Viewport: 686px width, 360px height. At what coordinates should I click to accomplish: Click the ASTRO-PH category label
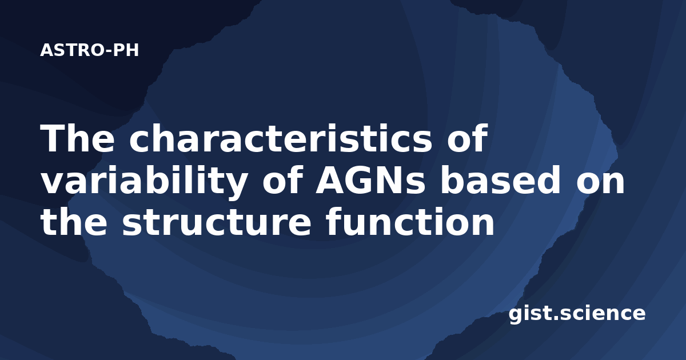[x=89, y=50]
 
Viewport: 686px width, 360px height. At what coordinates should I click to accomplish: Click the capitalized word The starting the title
[x=77, y=138]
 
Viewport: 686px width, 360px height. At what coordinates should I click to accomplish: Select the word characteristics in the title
[x=281, y=138]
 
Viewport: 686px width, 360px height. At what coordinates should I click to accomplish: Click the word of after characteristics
[x=467, y=138]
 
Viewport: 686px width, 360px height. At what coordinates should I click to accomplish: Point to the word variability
[x=144, y=181]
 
